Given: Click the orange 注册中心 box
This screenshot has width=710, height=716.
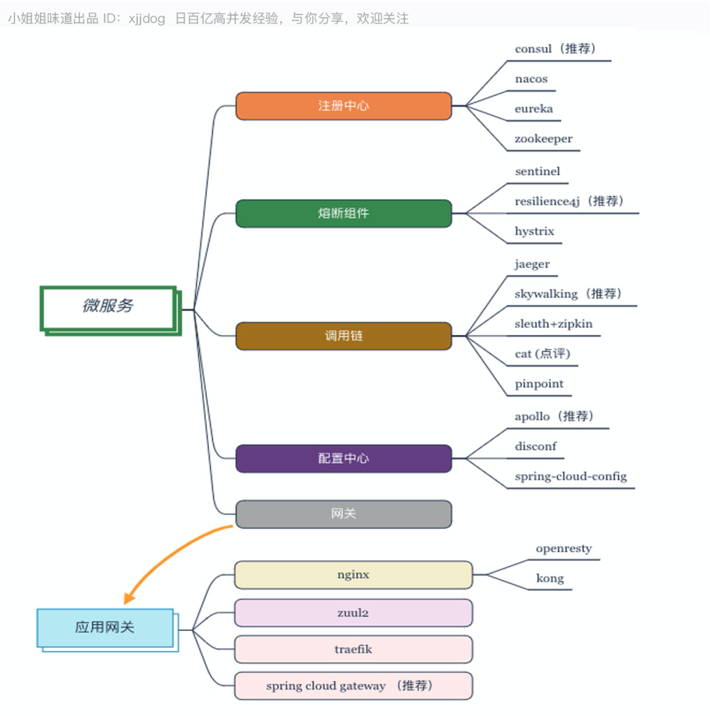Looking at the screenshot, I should coord(343,106).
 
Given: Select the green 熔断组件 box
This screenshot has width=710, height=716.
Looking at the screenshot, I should coord(343,214).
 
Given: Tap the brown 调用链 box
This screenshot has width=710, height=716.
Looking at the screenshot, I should coord(343,336).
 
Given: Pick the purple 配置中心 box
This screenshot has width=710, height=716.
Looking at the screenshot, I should coord(343,459).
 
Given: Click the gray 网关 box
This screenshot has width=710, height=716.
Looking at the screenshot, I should coord(343,514).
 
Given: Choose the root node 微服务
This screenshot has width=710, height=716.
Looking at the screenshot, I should coord(108,307).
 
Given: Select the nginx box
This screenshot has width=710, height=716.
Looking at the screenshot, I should coord(353,575).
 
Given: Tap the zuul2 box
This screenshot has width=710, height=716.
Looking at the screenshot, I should coord(353,613).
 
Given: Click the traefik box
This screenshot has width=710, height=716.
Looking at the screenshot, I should coord(353,650).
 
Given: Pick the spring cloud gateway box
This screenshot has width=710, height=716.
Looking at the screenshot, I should coord(353,686).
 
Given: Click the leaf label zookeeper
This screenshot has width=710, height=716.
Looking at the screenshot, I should coord(543,139).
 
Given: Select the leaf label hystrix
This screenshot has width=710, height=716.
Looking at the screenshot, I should coord(534,232).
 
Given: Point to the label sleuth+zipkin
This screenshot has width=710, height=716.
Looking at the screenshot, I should coord(553,324).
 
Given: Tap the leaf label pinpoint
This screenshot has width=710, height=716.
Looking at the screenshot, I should coord(538,384).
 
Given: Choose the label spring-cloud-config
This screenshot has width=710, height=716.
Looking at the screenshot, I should coord(570,476).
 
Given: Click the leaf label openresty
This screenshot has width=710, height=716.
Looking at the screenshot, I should coord(563,549).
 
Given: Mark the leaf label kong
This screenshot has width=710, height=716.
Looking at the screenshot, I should coord(550,578).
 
